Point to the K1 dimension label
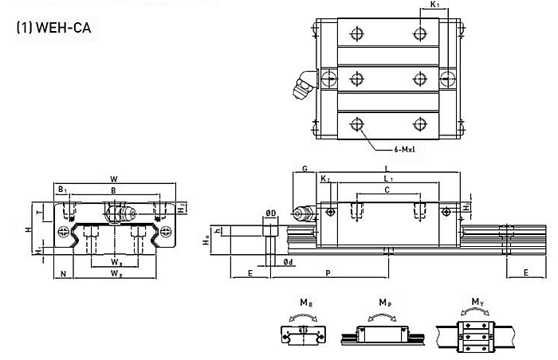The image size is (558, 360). coord(434,6)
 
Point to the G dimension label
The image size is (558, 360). coord(305,169)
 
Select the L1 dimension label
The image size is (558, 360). coord(387,180)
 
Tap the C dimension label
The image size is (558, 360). coord(387,191)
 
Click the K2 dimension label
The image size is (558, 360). coord(324,181)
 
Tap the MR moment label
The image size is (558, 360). coord(305,302)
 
